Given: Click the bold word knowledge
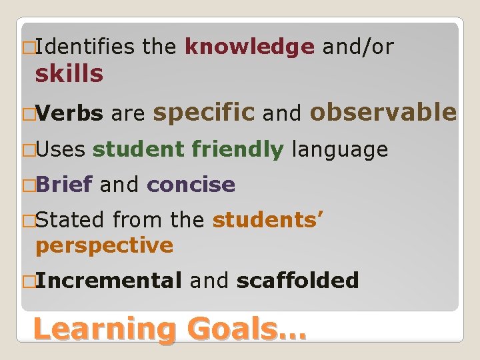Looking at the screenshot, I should pos(249,47).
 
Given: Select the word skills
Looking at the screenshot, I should pos(69,74).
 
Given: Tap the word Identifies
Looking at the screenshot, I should pos(83,47).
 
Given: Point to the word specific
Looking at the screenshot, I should pos(204,114).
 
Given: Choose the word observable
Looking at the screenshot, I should pos(383,113).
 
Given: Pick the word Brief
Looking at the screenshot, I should pos(64,185).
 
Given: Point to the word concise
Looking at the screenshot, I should pos(191,185).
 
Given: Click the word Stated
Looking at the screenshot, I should pos(70,219).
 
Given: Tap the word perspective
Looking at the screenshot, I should pos(104,245).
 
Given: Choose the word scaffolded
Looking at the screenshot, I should pos(297,280).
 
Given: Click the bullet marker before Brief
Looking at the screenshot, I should pos(27,185).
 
